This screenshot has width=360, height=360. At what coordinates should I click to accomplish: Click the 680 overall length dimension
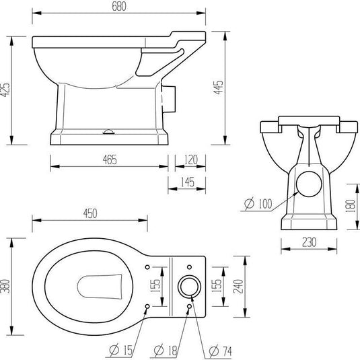point(121,6)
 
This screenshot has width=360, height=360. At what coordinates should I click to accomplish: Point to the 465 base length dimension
point(110,159)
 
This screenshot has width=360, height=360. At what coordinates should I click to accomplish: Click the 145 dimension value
point(186,182)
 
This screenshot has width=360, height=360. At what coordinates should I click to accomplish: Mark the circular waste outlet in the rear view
point(309,186)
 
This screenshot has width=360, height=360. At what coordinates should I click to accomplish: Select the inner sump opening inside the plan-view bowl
point(97,287)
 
